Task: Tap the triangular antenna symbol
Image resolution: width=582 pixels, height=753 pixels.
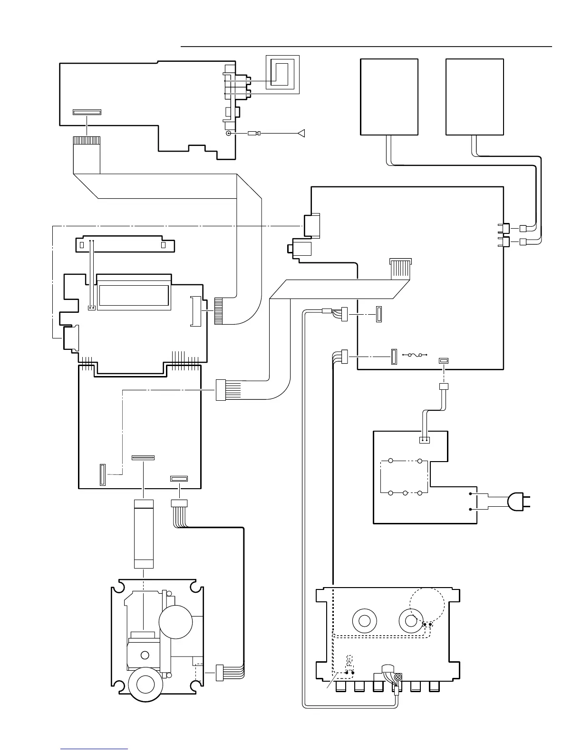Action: coord(301,134)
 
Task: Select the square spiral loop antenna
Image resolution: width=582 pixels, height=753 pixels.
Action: coord(282,74)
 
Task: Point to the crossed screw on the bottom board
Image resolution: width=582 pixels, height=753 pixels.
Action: coord(398,677)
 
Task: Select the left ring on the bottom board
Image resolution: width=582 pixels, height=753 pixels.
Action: coord(365,621)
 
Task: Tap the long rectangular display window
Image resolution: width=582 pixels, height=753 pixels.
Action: coord(134,298)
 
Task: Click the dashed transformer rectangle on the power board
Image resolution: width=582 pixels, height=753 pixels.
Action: coord(404,476)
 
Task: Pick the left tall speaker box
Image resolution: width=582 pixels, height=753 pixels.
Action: coord(389,97)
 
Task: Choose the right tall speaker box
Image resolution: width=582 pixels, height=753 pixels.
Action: coord(475,97)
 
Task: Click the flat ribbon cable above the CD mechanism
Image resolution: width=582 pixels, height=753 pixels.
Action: coord(144,534)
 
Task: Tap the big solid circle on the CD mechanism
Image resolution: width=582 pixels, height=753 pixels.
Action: coord(175,621)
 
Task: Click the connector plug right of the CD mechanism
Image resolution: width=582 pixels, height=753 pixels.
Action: coord(220,673)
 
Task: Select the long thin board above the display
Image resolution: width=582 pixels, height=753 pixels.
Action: coord(125,245)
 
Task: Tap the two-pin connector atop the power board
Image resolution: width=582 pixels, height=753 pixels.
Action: coord(424,440)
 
